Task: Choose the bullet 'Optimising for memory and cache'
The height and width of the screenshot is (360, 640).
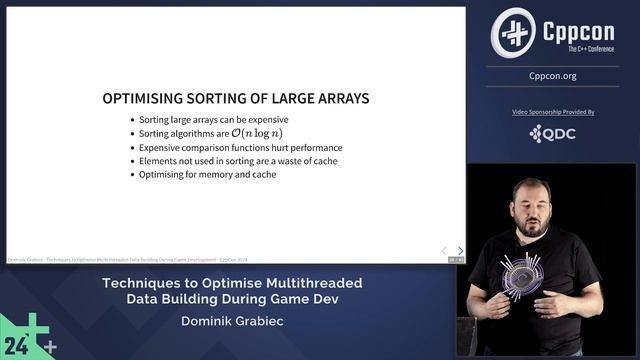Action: [209, 175]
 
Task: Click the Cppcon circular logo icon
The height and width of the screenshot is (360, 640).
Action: [513, 32]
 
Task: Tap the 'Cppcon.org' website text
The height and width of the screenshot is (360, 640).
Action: [553, 76]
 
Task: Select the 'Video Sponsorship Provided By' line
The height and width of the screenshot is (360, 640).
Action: [553, 113]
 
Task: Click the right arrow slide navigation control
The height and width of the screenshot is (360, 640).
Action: [460, 251]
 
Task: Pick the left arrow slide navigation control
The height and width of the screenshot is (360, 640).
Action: [445, 251]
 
